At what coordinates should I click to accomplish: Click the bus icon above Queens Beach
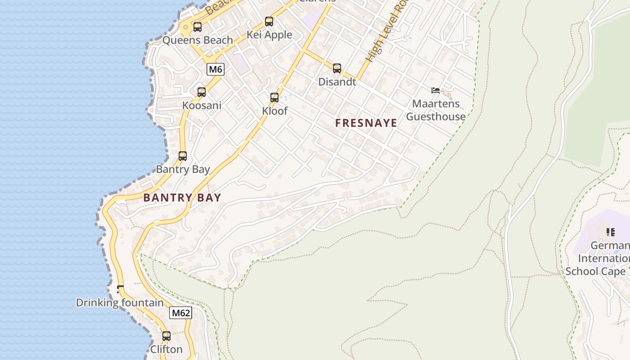(x=198, y=27)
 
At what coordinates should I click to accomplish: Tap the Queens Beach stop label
(x=198, y=40)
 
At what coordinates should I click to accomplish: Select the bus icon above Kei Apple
(x=269, y=22)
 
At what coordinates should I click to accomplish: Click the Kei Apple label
(x=269, y=35)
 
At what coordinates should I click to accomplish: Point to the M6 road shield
(x=216, y=69)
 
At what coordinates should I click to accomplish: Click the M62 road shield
(x=181, y=313)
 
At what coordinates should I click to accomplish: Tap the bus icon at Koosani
(x=202, y=92)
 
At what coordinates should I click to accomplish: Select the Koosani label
(x=202, y=105)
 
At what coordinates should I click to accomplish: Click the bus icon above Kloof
(x=274, y=98)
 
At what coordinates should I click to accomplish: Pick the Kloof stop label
(x=274, y=111)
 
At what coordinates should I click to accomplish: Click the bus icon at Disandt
(x=337, y=68)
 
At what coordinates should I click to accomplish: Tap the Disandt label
(x=337, y=82)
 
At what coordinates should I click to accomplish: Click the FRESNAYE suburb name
(x=366, y=123)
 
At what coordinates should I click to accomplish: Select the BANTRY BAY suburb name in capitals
(x=182, y=198)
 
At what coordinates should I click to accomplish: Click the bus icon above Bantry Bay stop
(x=183, y=156)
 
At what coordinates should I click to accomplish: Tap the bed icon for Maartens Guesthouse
(x=435, y=90)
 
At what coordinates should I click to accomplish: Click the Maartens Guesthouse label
(x=436, y=110)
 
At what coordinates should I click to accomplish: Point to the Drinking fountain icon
(x=120, y=289)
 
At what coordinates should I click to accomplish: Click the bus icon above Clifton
(x=166, y=336)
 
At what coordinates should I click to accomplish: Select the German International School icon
(x=610, y=232)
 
